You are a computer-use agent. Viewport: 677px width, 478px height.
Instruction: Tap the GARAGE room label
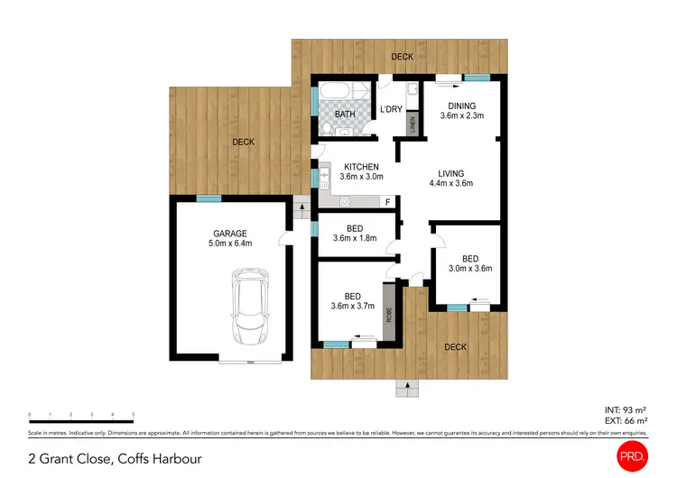point(228,233)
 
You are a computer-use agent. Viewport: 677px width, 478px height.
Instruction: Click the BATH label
point(345,115)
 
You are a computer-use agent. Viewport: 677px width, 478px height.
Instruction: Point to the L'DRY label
point(391,110)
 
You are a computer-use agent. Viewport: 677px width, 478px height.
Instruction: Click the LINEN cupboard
point(413,123)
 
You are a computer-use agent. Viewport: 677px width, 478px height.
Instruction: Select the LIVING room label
point(451,174)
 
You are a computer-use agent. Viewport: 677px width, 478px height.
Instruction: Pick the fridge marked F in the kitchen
point(388,202)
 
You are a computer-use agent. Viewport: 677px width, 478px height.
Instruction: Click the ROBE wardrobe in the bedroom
point(390,312)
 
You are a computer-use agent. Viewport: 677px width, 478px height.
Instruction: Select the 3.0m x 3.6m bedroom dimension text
point(470,268)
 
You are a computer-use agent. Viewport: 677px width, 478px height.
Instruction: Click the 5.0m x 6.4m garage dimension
point(228,243)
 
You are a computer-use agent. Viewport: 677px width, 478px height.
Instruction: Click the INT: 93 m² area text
point(624,410)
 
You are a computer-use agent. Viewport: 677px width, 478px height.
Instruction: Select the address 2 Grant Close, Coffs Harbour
point(115,459)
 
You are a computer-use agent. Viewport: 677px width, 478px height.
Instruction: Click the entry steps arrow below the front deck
point(407,386)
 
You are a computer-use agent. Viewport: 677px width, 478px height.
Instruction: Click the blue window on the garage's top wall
point(209,198)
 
